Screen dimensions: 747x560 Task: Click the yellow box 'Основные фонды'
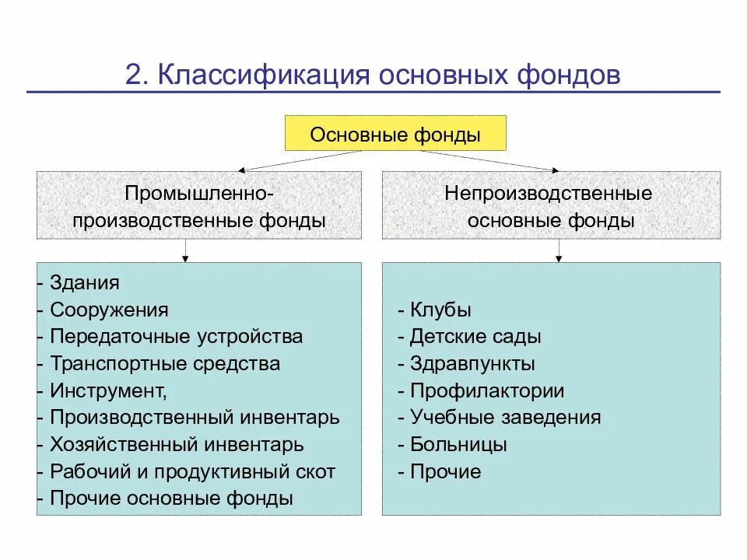[x=395, y=134]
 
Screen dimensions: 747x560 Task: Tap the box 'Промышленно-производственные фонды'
[x=199, y=206]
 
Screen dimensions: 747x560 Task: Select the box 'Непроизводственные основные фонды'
[x=550, y=206]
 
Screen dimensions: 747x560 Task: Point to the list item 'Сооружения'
[x=109, y=310]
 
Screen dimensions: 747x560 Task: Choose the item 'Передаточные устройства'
[x=176, y=337]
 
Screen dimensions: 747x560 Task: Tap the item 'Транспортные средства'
[x=165, y=363]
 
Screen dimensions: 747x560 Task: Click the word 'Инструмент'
[x=107, y=390]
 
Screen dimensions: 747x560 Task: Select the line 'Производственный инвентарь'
[x=195, y=418]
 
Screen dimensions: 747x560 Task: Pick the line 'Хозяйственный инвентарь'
[x=177, y=445]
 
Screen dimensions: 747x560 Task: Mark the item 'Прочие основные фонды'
[x=171, y=499]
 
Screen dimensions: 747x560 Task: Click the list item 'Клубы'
[x=440, y=310]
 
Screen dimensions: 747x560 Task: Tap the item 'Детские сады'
[x=475, y=337]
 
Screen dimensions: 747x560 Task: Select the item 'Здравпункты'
[x=472, y=363]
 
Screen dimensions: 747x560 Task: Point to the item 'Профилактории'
[x=487, y=390]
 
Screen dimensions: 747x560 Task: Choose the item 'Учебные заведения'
[x=505, y=418]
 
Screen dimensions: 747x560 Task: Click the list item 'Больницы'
[x=458, y=445]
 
